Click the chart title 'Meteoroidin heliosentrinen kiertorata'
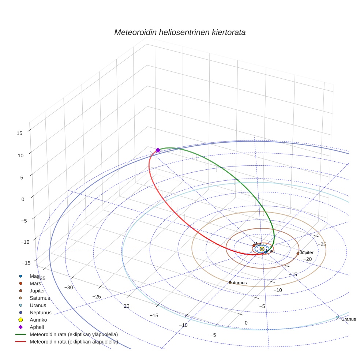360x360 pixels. click(180, 32)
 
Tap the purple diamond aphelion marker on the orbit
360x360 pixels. click(158, 150)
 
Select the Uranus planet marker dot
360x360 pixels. click(337, 317)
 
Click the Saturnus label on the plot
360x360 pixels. click(238, 283)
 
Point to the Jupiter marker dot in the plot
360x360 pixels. click(298, 254)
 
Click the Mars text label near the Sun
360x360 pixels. click(258, 244)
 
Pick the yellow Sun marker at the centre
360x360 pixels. click(262, 249)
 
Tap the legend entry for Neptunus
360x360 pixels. click(40, 312)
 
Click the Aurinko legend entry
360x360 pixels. click(38, 319)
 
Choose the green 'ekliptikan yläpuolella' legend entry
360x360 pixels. click(74, 334)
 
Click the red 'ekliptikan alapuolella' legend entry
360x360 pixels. click(74, 342)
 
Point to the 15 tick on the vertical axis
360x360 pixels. click(19, 133)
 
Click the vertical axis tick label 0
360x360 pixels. click(23, 199)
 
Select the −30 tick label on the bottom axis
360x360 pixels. click(69, 288)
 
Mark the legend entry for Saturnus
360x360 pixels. click(40, 298)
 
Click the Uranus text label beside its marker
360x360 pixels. click(348, 319)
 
